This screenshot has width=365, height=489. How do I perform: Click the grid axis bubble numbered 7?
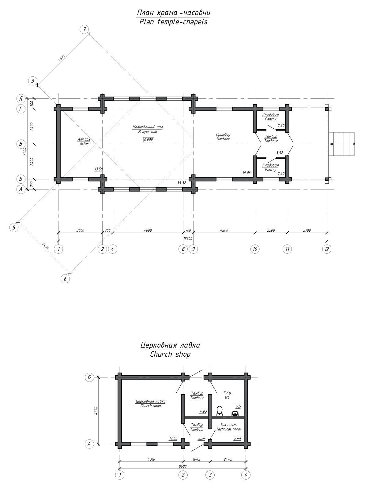84,29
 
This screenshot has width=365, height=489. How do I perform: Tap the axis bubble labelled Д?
21,98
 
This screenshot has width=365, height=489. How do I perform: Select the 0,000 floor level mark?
149,140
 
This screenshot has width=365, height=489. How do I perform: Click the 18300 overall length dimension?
188,239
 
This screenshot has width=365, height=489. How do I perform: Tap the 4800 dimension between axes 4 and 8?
148,230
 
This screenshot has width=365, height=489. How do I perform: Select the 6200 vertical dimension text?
25,151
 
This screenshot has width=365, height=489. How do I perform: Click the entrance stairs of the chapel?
341,144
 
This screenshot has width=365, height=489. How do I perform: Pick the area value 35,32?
182,183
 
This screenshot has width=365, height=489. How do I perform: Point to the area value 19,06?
246,173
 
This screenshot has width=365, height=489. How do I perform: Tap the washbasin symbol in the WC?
235,414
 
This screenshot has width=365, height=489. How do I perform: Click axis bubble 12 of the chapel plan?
327,249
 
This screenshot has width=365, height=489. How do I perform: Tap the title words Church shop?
170,354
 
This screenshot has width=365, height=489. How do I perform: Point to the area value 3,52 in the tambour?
280,153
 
